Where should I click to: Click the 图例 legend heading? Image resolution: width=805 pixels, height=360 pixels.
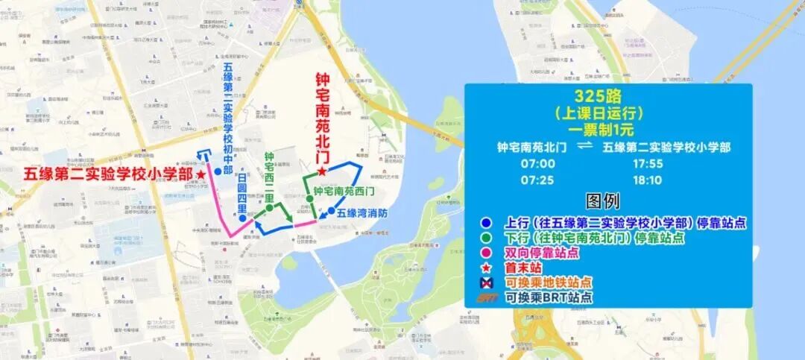pos(602,200)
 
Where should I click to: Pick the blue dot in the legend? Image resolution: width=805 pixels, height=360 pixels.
pos(486,222)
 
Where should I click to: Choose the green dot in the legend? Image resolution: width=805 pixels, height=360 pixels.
pos(486,238)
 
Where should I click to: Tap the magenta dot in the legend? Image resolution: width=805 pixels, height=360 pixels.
pos(486,253)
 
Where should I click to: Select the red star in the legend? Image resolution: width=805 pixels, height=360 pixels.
pos(486,267)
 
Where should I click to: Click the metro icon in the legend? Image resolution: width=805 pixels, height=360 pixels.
pos(486,282)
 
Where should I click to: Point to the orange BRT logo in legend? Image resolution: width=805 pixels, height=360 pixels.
pos(487,297)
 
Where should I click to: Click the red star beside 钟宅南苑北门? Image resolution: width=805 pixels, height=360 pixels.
pos(321,171)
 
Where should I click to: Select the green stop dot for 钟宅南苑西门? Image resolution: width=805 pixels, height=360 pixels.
pos(309,199)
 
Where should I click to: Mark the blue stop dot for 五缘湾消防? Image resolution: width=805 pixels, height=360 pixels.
pos(331,212)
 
